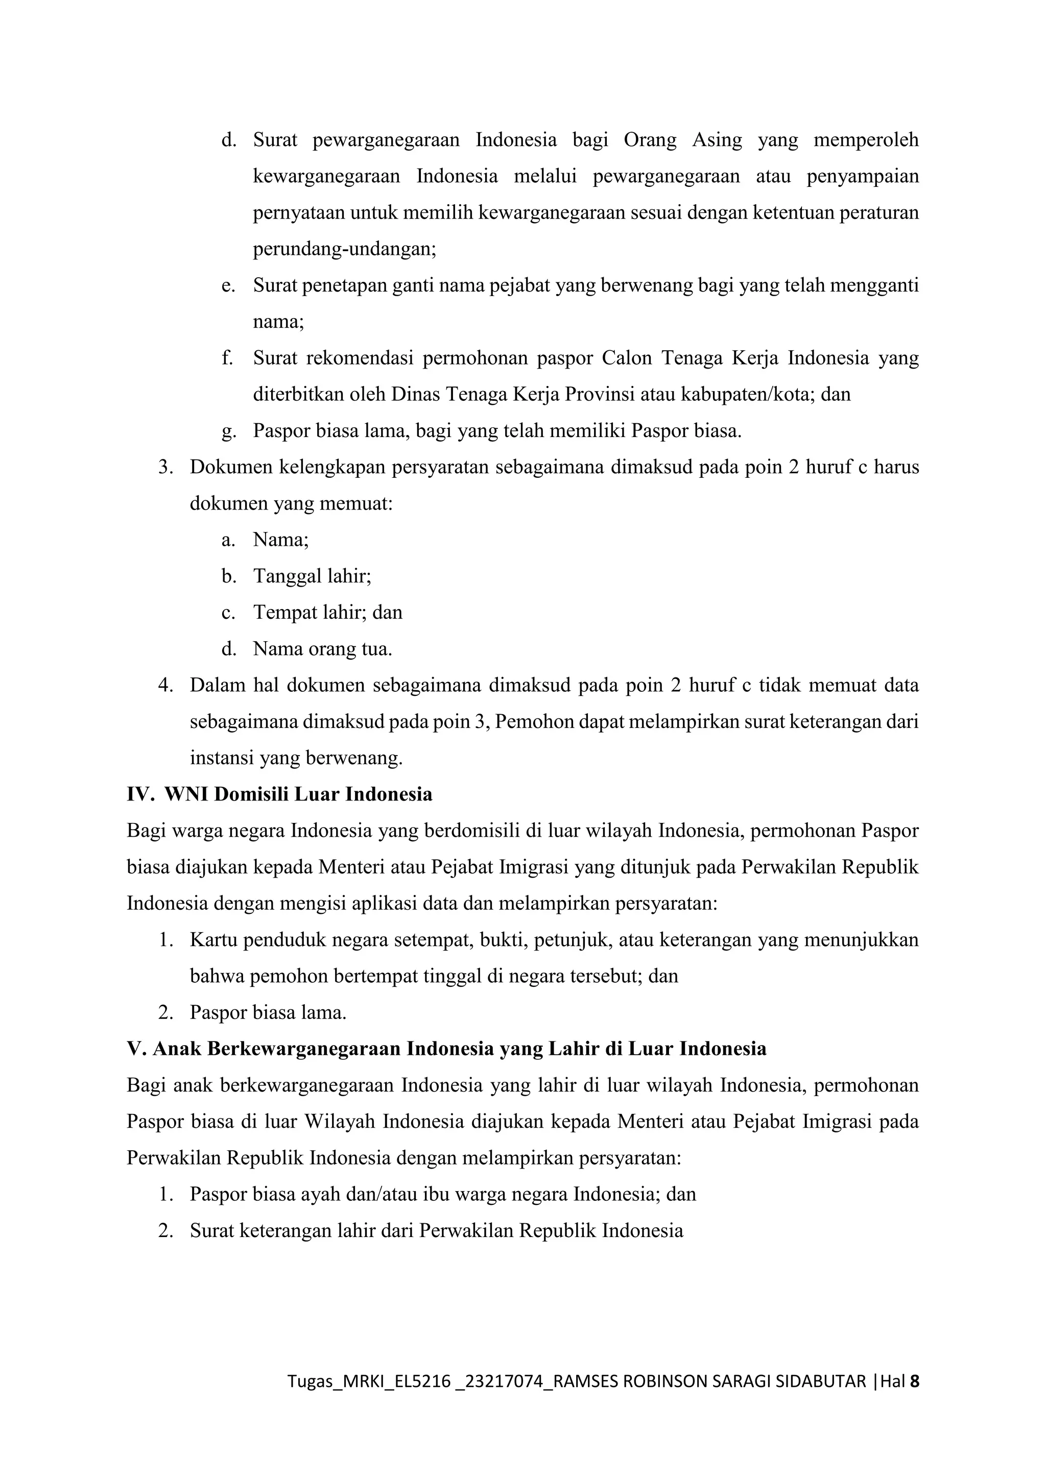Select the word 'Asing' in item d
(717, 140)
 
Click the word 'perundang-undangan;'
(344, 249)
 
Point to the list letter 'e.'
(228, 285)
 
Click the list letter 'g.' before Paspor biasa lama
(228, 431)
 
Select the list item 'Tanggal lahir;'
(312, 576)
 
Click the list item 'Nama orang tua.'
(322, 649)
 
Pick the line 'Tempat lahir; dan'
(327, 612)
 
